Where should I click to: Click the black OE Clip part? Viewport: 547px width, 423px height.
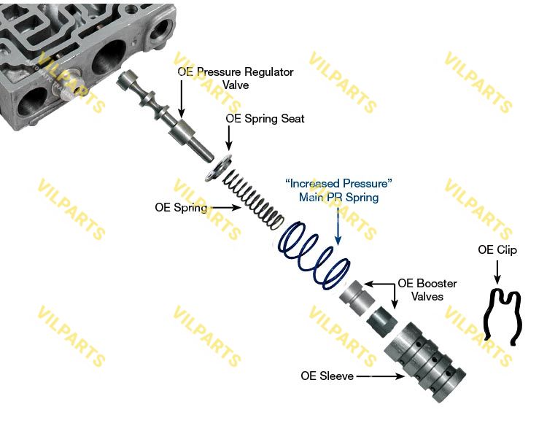(x=503, y=315)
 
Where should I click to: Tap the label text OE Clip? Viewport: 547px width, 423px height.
(x=497, y=250)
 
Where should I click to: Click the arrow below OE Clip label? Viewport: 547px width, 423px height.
(x=497, y=272)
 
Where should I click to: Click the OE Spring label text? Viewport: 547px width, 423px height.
(x=181, y=207)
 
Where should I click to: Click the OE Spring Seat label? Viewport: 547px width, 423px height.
(x=265, y=118)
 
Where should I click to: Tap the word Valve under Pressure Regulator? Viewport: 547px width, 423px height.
(x=236, y=85)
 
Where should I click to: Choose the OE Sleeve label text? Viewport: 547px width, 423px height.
(x=327, y=376)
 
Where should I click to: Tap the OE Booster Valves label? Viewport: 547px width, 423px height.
(x=427, y=290)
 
